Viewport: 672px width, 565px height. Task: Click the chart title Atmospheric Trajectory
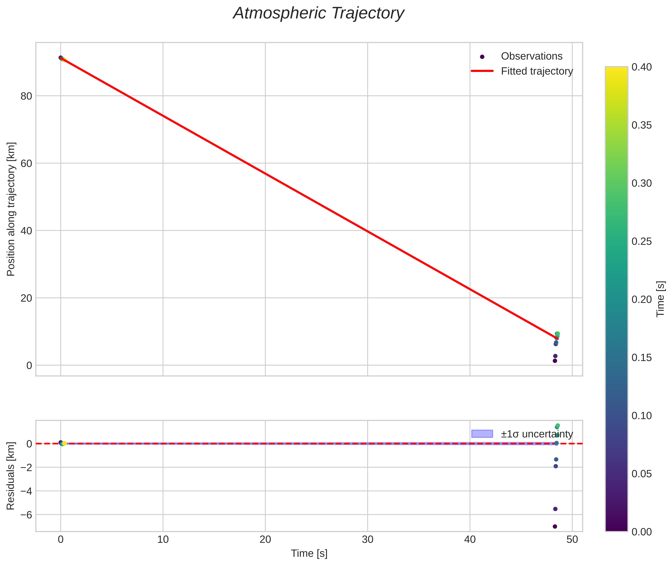point(319,13)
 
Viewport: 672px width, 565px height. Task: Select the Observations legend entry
point(531,56)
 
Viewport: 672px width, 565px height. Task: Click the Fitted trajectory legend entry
point(536,71)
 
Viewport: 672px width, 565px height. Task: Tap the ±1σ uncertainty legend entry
point(536,434)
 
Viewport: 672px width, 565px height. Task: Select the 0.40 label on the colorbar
point(642,67)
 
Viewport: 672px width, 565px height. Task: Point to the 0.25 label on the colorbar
point(642,241)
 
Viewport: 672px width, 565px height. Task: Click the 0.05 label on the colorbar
point(642,474)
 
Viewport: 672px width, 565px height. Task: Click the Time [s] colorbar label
point(660,299)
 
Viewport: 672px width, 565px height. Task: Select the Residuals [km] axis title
point(11,476)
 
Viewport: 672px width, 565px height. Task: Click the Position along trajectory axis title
point(11,209)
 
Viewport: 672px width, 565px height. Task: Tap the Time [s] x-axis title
point(309,554)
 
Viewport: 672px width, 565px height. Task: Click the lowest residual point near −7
point(555,527)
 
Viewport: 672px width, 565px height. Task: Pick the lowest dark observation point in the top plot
point(555,361)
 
